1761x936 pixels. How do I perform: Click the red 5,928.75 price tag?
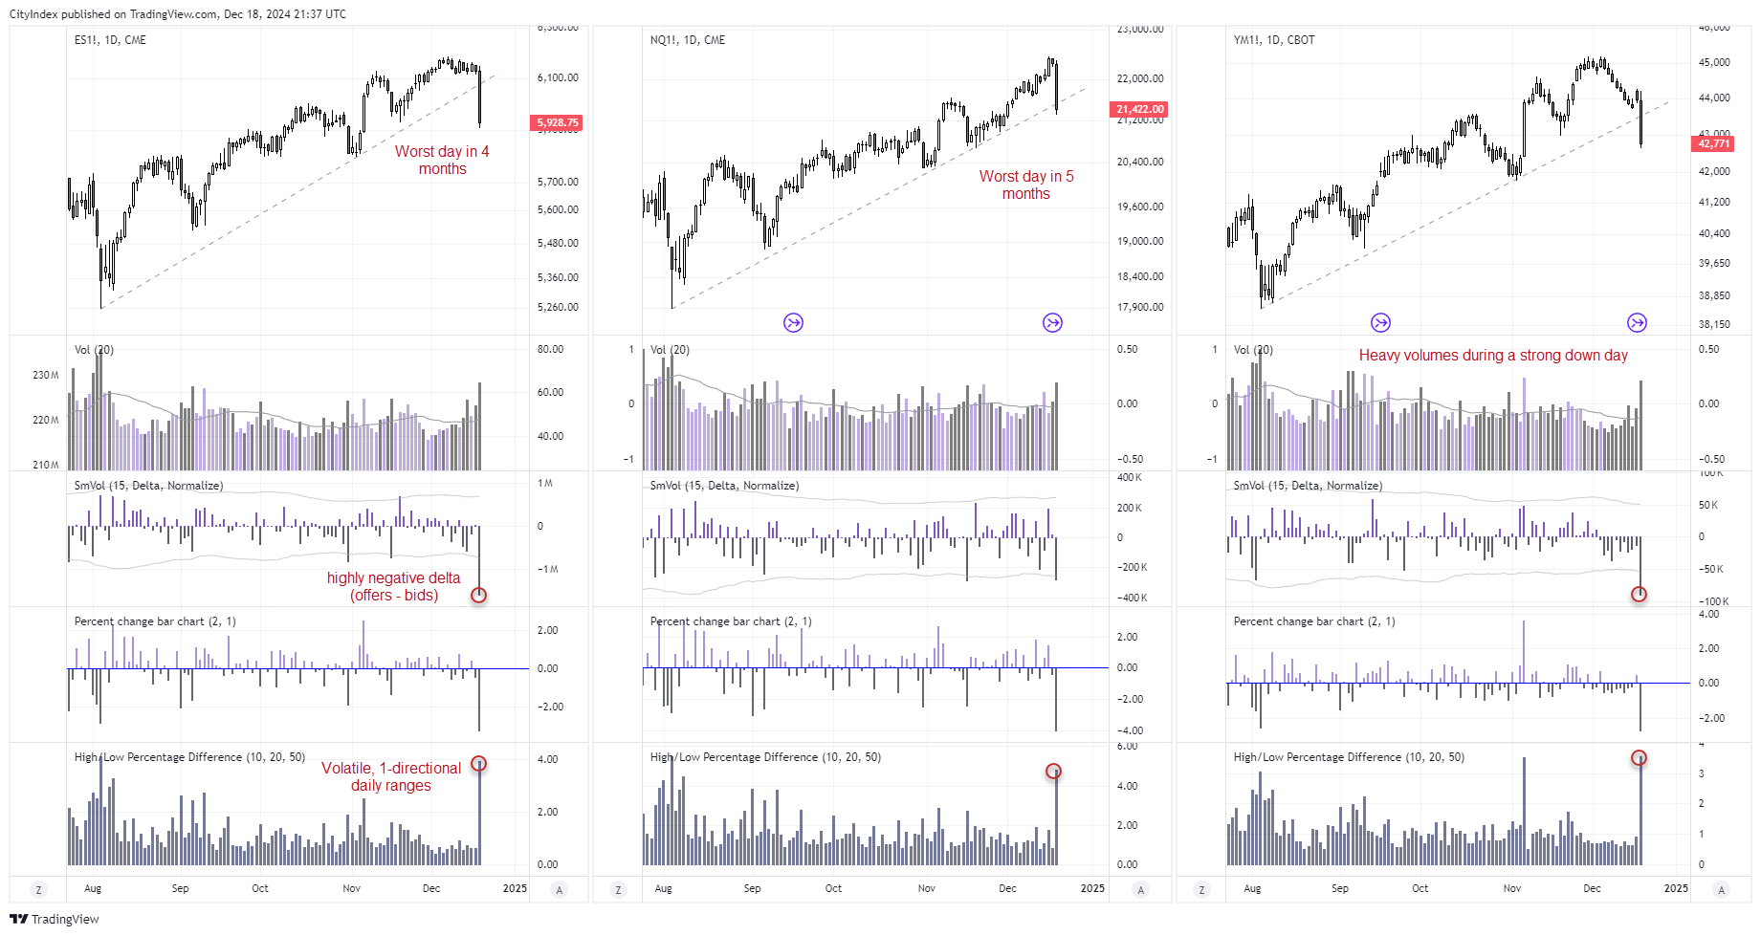tap(557, 122)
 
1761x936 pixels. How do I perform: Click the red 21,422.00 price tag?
tap(1138, 109)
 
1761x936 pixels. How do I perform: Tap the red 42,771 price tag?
tap(1712, 143)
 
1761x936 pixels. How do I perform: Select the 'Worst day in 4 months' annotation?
tap(442, 160)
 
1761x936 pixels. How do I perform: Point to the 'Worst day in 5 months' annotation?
tap(1025, 185)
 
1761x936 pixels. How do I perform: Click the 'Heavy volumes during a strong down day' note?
tap(1492, 356)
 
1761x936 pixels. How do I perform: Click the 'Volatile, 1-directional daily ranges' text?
tap(391, 776)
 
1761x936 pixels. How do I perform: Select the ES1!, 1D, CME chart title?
tap(110, 40)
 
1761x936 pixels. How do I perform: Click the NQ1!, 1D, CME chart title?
tap(687, 40)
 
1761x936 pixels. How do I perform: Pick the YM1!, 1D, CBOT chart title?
tap(1273, 40)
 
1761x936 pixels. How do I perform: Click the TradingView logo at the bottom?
tap(55, 919)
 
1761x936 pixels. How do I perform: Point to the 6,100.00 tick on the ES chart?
tap(558, 77)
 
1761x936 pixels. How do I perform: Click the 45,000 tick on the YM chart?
tap(1714, 62)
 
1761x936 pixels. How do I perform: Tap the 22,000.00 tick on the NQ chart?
tap(1140, 78)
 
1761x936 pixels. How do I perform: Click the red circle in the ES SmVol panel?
tap(479, 595)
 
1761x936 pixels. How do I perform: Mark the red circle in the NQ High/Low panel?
tap(1053, 771)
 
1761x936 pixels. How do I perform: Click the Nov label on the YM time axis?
tap(1511, 888)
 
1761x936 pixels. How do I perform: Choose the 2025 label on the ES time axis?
tap(515, 888)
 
